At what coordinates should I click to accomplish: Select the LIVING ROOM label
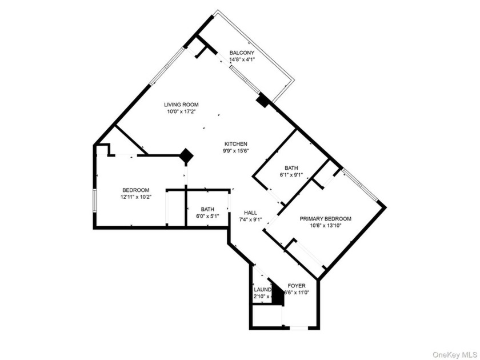(x=181, y=105)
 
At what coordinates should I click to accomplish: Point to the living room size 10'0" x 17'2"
(x=181, y=112)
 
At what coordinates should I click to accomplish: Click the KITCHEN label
(x=235, y=144)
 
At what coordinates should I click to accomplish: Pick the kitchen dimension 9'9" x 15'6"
(x=235, y=151)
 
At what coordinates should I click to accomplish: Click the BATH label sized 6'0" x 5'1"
(x=207, y=209)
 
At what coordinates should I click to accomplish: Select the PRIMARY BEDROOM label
(x=326, y=219)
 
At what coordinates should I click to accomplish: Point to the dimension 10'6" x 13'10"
(x=326, y=226)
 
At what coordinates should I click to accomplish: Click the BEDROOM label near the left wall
(x=136, y=190)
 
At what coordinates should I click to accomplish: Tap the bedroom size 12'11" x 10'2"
(x=136, y=198)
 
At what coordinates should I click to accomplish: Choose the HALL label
(x=250, y=211)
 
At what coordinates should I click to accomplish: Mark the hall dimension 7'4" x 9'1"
(x=250, y=219)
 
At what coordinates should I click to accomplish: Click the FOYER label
(x=297, y=285)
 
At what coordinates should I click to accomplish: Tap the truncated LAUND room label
(x=262, y=289)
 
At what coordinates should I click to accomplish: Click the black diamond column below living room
(x=186, y=154)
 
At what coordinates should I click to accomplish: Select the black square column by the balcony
(x=262, y=101)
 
